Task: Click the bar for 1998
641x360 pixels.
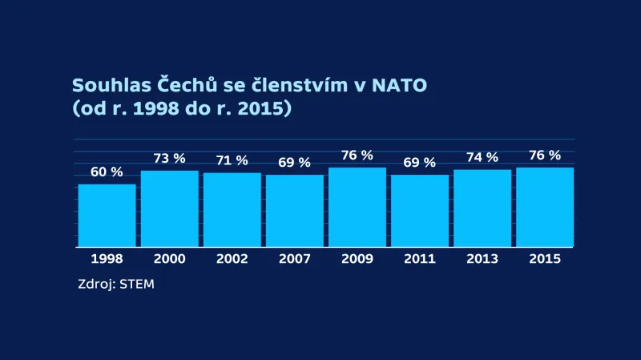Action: point(107,215)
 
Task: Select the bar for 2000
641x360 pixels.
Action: point(169,208)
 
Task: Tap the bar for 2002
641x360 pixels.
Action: point(232,209)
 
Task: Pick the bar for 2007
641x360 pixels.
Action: point(294,210)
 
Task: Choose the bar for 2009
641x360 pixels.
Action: point(357,207)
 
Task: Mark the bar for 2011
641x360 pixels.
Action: point(419,210)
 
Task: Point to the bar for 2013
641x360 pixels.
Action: point(482,208)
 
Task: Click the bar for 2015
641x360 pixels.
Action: point(544,207)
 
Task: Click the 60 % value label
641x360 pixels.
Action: point(106,172)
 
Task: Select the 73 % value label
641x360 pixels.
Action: point(169,159)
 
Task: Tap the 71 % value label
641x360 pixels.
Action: point(232,160)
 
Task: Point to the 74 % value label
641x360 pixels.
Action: point(482,158)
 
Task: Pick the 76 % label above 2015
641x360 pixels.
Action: point(544,156)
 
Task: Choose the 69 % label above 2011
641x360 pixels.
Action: point(419,163)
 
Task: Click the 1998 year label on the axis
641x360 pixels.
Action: point(107,259)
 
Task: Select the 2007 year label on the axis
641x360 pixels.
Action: point(294,259)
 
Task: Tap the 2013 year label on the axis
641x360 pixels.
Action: point(482,259)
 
